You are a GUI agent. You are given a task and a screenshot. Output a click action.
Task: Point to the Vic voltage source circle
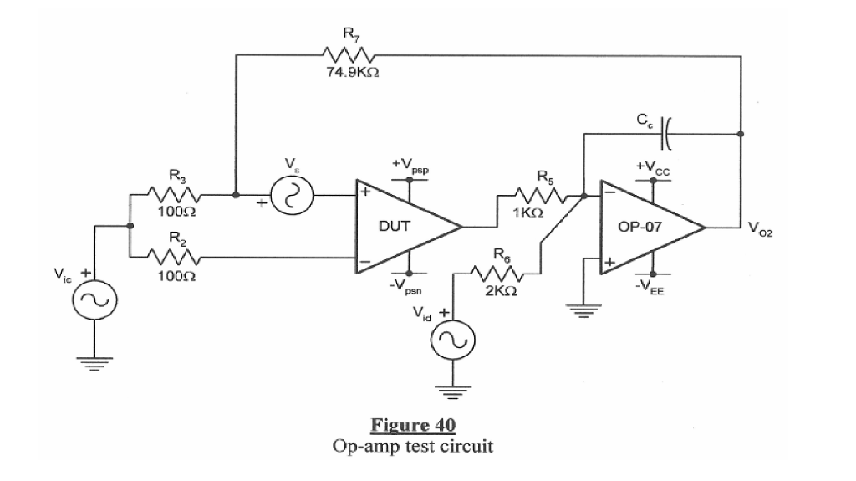pyautogui.click(x=94, y=298)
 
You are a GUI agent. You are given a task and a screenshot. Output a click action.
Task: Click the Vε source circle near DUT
pyautogui.click(x=293, y=196)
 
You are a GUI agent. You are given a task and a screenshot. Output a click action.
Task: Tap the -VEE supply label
pyautogui.click(x=654, y=285)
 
